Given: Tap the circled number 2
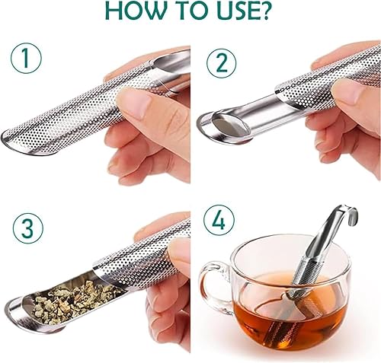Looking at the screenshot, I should click(220, 62).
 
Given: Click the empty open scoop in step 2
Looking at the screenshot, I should click(229, 128).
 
